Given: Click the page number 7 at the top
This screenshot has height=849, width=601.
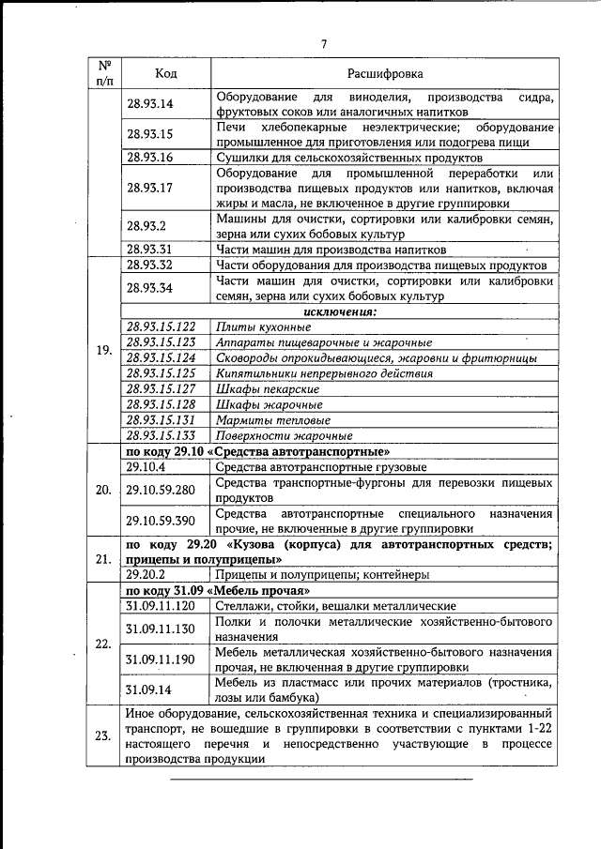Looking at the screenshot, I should click(323, 43).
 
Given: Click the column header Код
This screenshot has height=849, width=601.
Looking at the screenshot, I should click(165, 72).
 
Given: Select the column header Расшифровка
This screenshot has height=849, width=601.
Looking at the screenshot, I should click(385, 72).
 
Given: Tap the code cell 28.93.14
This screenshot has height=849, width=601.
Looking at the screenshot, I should click(149, 104).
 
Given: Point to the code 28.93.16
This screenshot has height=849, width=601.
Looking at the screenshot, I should click(149, 157).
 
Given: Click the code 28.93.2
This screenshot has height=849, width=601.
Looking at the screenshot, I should click(146, 226).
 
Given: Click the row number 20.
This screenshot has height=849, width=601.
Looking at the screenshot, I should click(104, 490).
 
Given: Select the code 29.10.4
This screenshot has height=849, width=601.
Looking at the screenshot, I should click(146, 466).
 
